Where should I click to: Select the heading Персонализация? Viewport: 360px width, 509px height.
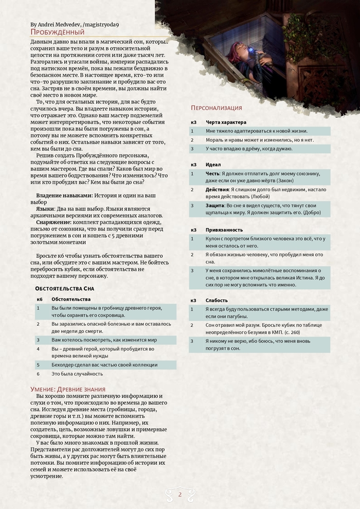point(216,108)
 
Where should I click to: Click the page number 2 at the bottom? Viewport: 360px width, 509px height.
point(180,495)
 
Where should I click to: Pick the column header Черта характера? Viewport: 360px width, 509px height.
point(226,122)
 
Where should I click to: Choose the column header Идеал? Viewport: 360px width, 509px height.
point(213,164)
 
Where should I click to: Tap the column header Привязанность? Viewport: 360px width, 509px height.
point(224,230)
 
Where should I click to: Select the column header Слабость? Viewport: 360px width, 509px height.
point(217,300)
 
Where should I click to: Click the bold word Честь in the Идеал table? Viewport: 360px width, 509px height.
point(213,173)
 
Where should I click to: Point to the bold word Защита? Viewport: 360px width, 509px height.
point(215,205)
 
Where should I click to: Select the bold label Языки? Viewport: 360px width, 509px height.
point(46,209)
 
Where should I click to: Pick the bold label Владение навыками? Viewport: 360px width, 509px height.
point(64,196)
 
